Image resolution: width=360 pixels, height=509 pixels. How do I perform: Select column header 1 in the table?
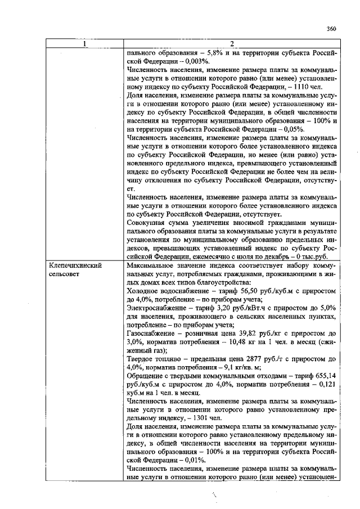85,43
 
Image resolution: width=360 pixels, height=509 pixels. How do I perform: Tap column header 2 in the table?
232,43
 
